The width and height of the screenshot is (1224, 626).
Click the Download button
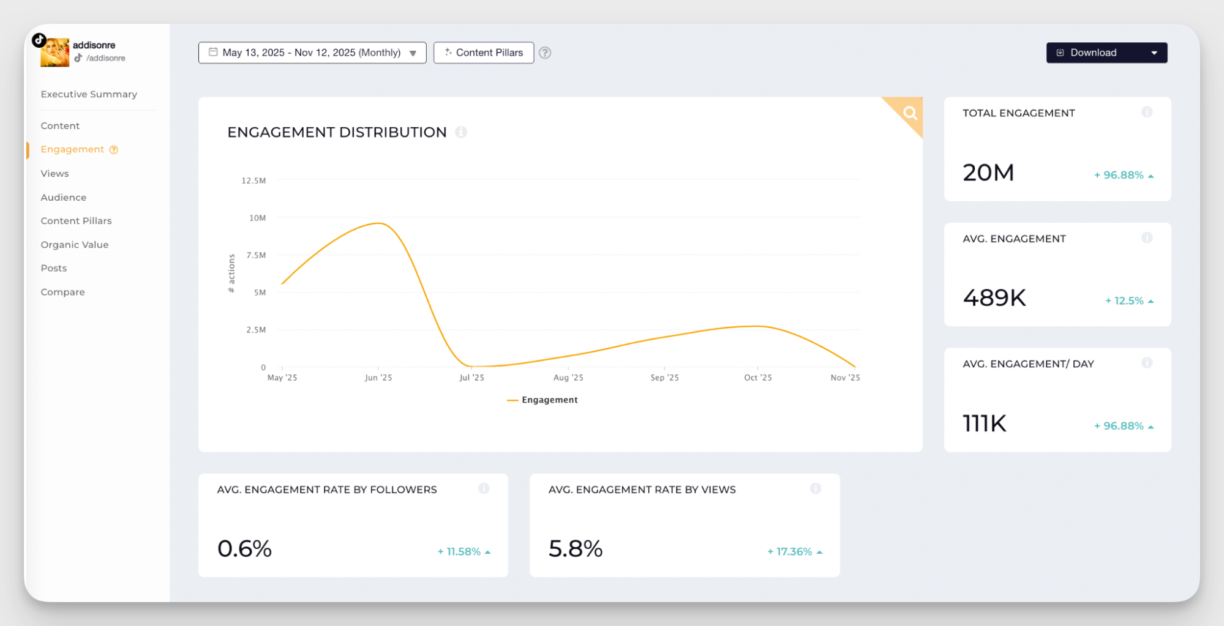pos(1094,53)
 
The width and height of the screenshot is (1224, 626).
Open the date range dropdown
pos(312,53)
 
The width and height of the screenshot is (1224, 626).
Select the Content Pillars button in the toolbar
pos(484,53)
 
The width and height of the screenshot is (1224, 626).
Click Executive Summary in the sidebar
pos(89,94)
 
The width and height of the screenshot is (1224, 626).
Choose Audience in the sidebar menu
pos(64,197)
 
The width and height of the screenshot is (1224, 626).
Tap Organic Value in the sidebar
pos(75,245)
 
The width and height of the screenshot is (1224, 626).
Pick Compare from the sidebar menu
pos(62,292)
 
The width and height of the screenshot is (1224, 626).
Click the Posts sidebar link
pos(54,268)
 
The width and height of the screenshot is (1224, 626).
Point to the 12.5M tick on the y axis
pos(253,181)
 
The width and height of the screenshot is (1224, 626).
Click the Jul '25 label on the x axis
pos(471,378)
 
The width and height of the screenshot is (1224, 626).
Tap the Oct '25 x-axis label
pos(757,378)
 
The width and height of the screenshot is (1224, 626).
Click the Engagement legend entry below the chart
pos(543,400)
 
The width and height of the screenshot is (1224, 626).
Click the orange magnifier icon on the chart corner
pos(910,113)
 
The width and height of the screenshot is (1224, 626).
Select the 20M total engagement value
pos(988,173)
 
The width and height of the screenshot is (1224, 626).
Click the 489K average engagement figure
pos(994,298)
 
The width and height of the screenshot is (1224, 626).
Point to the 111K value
pos(984,423)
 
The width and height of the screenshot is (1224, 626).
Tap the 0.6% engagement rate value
pos(244,549)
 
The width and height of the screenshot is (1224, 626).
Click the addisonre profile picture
pos(54,53)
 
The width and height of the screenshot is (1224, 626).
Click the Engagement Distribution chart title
pos(337,132)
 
